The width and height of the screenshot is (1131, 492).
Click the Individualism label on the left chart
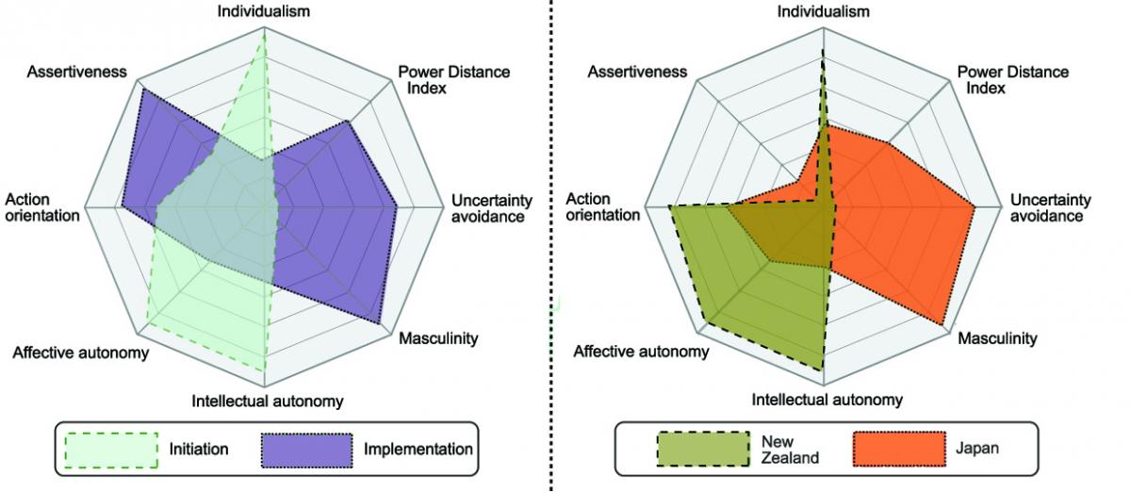[x=264, y=11]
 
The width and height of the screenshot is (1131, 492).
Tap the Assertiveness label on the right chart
[x=637, y=72]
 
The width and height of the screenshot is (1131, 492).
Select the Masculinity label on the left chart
[x=438, y=338]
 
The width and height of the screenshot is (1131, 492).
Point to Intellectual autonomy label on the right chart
[x=828, y=400]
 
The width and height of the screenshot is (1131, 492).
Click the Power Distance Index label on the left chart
[x=454, y=80]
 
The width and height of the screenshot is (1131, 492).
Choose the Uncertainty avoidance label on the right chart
[x=1051, y=208]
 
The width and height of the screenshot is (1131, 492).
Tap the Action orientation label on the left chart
[x=42, y=207]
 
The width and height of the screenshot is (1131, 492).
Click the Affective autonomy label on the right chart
[x=641, y=352]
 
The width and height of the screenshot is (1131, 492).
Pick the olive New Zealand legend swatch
[x=703, y=449]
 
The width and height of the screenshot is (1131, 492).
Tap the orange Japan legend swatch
[x=899, y=449]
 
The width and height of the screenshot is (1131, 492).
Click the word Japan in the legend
[x=977, y=448]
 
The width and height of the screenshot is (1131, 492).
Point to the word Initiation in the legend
[x=199, y=449]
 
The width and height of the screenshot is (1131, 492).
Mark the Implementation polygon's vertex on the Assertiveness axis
[x=142, y=89]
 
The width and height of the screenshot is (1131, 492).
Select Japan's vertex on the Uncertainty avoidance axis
[x=975, y=207]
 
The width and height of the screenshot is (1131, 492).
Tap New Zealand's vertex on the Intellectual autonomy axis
[x=823, y=370]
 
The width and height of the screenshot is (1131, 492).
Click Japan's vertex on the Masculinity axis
[x=942, y=325]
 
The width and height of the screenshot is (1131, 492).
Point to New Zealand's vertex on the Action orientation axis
[x=669, y=206]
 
